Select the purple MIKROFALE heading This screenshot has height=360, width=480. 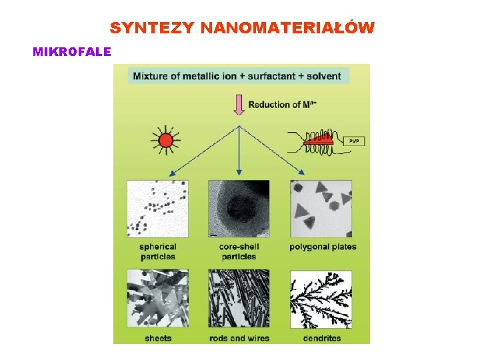[72, 51]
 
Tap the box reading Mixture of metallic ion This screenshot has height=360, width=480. [237, 75]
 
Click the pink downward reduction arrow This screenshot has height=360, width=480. [239, 105]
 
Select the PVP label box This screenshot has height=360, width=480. [353, 141]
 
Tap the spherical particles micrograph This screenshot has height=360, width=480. [157, 209]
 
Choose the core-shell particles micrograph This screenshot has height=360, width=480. [239, 209]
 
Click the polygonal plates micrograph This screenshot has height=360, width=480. [321, 209]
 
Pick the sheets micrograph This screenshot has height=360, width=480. [157, 298]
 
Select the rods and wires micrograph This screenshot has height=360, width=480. [239, 298]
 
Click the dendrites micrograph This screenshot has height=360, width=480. [321, 298]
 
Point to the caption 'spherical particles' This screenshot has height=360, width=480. [158, 251]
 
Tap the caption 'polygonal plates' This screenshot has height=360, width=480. [323, 247]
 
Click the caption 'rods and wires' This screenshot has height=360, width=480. [239, 338]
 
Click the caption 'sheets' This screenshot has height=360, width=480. [158, 338]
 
